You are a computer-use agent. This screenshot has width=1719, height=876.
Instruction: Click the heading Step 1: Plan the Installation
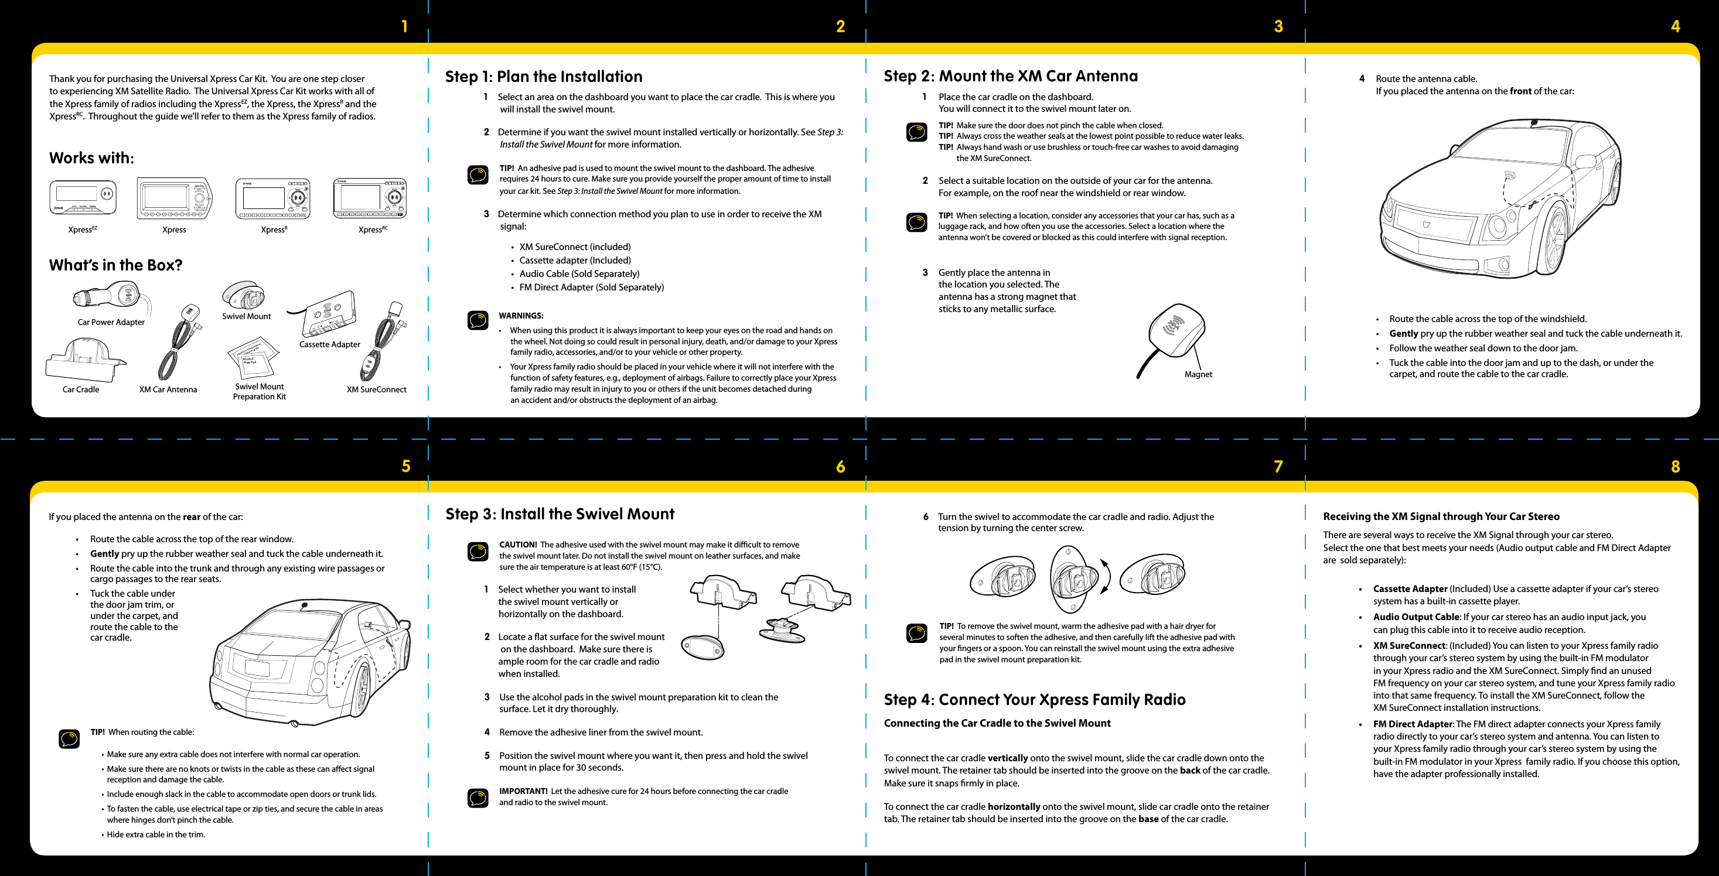[543, 77]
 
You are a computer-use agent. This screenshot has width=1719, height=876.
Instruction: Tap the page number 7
[1278, 466]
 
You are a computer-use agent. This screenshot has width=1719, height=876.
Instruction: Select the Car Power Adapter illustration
[114, 296]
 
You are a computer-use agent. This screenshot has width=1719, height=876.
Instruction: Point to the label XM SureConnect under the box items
[376, 389]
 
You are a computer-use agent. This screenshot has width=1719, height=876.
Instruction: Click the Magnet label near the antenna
[1198, 374]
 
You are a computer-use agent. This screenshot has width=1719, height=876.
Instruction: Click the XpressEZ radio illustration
[83, 197]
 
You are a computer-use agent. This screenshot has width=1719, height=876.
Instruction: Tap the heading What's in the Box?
[115, 265]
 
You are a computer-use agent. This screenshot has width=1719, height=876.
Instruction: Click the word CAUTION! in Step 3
[518, 545]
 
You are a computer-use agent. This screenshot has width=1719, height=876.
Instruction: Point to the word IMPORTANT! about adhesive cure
[523, 791]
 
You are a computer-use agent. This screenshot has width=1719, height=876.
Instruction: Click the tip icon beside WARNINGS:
[478, 320]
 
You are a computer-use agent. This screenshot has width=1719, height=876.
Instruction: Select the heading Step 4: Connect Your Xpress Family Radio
[1034, 699]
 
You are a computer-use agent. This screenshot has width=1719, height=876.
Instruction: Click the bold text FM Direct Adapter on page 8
[1412, 724]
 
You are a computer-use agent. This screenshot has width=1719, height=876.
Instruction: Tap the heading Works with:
[91, 158]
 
